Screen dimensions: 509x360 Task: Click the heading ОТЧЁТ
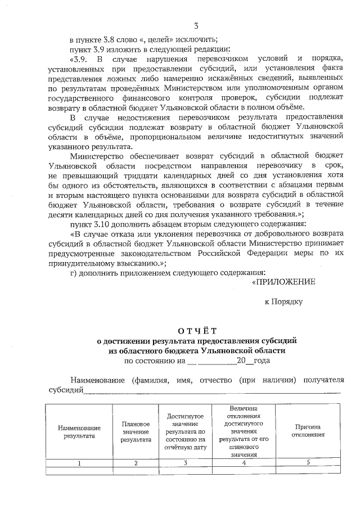196,331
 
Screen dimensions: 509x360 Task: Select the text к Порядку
283,301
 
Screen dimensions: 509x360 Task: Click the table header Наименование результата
79,431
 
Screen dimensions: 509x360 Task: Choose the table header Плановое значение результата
136,431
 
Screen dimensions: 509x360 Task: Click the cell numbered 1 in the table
79,463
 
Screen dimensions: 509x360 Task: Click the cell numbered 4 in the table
244,463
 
